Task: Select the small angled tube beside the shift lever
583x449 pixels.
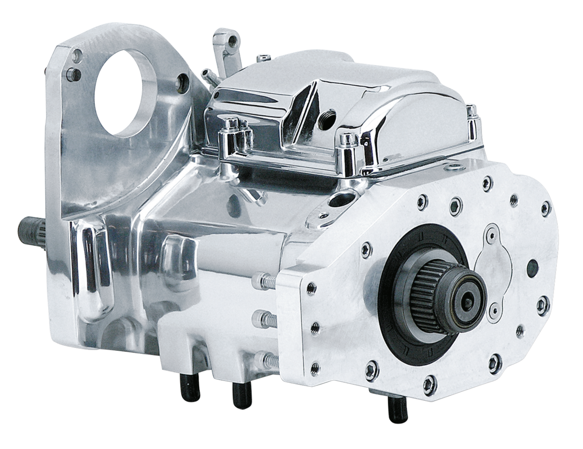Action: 207,74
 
